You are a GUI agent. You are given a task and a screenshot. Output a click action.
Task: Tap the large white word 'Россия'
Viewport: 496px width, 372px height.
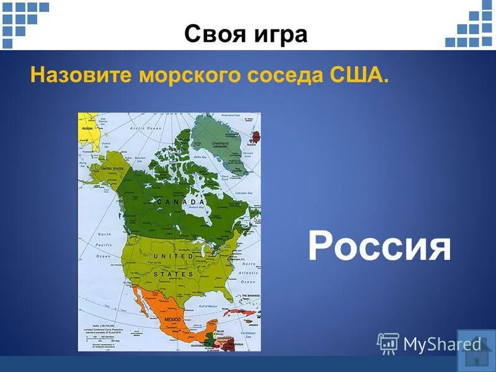tap(379, 247)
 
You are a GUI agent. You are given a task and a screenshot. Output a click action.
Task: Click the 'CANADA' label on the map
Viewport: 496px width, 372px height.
tap(180, 202)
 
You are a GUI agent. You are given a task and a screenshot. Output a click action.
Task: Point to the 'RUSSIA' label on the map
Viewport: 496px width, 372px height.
tap(87, 128)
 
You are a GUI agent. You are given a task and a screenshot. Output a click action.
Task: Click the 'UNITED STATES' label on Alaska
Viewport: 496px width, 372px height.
tap(112, 168)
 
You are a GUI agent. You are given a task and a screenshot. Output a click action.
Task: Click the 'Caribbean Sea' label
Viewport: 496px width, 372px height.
tap(248, 334)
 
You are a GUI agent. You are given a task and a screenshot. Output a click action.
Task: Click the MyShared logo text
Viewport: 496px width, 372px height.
tap(441, 343)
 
